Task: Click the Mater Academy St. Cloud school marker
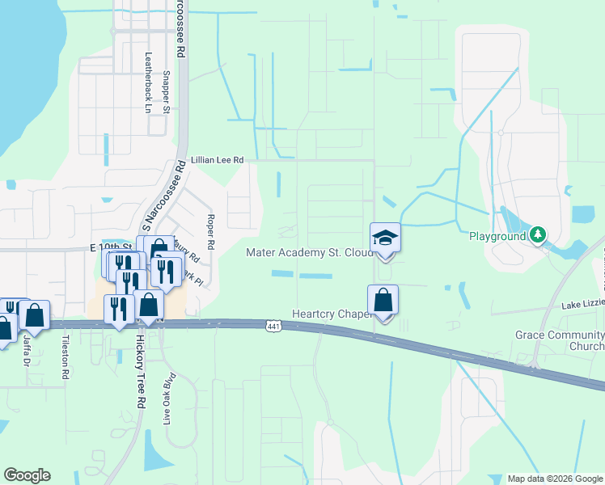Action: point(385,238)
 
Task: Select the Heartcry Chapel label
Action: point(332,314)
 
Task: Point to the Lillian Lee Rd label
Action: point(217,161)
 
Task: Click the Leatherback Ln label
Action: point(148,83)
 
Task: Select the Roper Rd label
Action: point(211,232)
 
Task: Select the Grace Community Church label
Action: point(560,340)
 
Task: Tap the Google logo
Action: point(27,475)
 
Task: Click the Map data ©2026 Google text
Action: point(556,478)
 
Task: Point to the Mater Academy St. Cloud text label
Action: point(310,252)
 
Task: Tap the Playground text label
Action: point(497,236)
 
